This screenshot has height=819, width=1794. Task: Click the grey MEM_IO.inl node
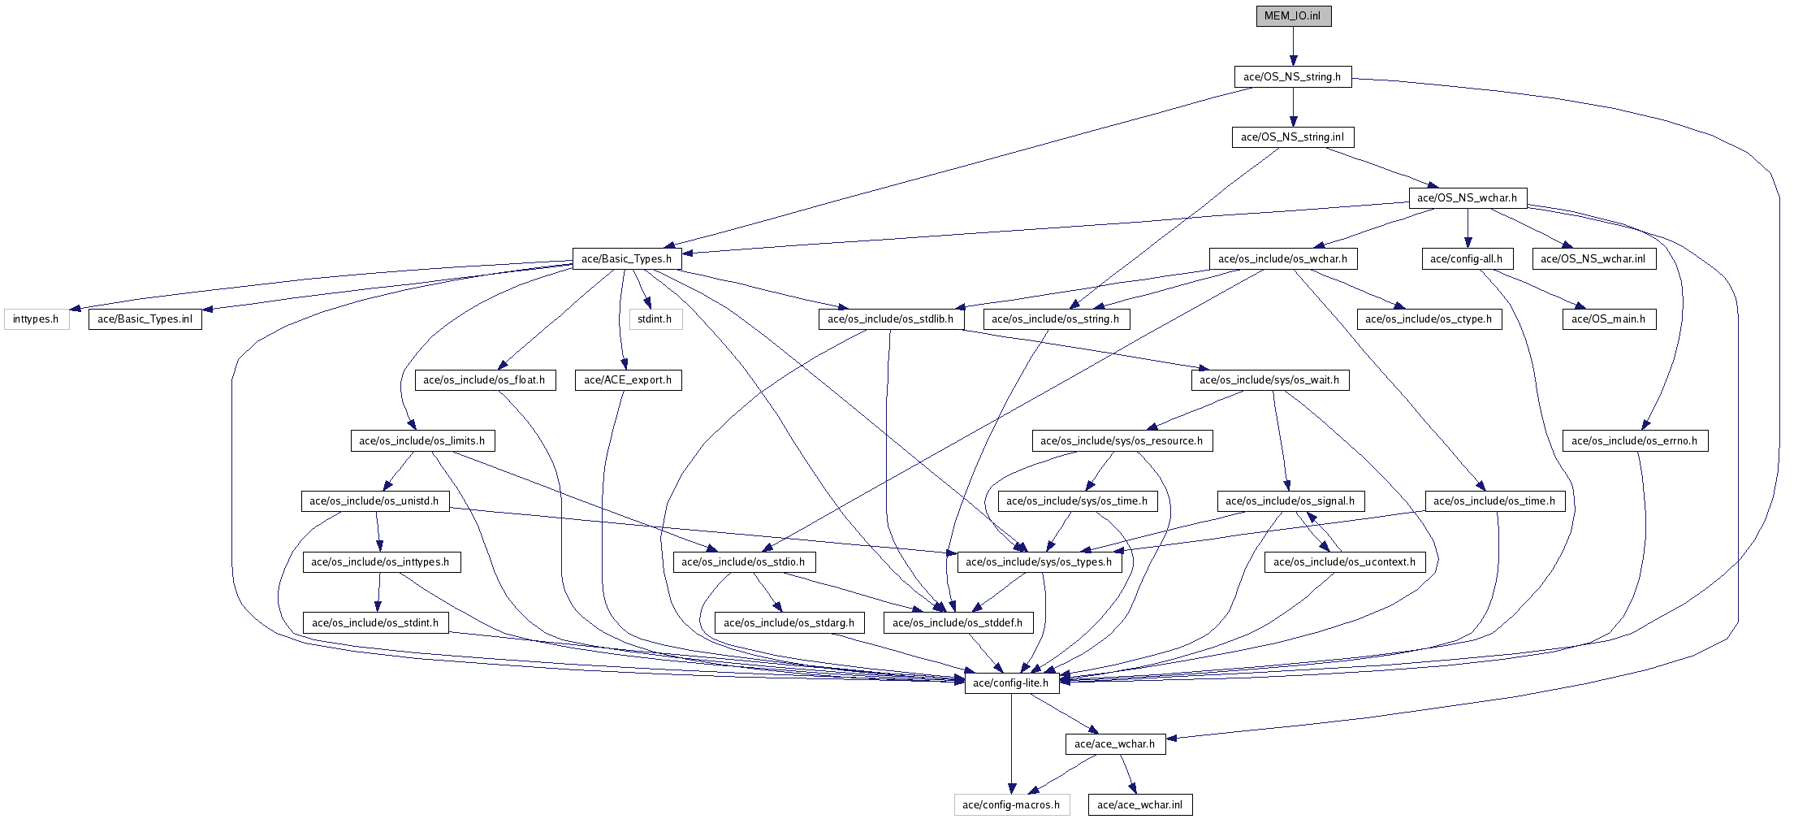point(1294,16)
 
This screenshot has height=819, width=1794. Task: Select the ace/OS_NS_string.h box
point(1293,77)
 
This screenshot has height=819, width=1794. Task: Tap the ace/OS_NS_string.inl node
point(1293,137)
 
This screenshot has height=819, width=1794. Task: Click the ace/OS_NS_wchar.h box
point(1468,198)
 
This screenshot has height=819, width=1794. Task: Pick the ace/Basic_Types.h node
point(627,259)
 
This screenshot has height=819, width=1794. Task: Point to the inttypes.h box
point(36,319)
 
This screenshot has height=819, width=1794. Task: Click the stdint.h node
point(655,319)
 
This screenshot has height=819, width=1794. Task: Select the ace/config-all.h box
point(1467,259)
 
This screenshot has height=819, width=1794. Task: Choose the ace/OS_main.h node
point(1609,319)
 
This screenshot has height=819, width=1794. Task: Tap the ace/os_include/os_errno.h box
point(1635,441)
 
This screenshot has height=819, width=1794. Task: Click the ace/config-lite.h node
point(1011,683)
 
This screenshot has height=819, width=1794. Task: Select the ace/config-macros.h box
point(1011,805)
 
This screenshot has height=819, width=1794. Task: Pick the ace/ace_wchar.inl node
point(1140,805)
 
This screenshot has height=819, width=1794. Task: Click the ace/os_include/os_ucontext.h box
point(1345,562)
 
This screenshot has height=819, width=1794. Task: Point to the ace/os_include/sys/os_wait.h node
point(1270,380)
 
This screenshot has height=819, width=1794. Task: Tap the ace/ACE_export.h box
point(628,380)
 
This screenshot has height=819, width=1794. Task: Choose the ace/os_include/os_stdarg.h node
point(789,623)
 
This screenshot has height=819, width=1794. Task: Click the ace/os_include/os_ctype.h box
point(1429,319)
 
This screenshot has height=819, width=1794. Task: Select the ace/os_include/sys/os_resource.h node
point(1122,441)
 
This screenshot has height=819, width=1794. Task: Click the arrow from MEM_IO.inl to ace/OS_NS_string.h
point(1294,46)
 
